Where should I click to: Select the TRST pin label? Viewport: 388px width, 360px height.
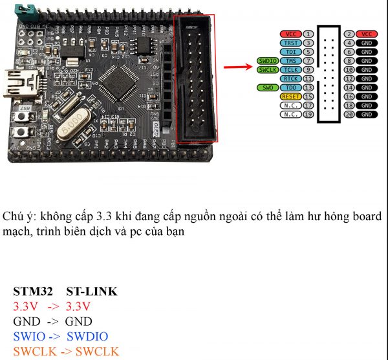pyautogui.click(x=290, y=42)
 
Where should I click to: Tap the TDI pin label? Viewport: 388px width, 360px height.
pyautogui.click(x=290, y=51)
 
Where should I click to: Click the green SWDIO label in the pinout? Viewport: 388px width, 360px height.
pyautogui.click(x=267, y=60)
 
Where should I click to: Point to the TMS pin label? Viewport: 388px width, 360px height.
pyautogui.click(x=291, y=60)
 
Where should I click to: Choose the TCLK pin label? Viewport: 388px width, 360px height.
pyautogui.click(x=291, y=69)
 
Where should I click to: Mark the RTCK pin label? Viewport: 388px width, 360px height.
pyautogui.click(x=290, y=78)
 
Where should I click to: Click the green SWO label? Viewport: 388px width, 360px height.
pyautogui.click(x=268, y=87)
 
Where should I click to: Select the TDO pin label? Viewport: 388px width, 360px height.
pyautogui.click(x=291, y=87)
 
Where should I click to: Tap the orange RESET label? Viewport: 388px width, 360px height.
pyautogui.click(x=290, y=96)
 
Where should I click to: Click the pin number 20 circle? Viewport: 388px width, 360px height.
pyautogui.click(x=350, y=114)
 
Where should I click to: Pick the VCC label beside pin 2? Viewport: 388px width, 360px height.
pyautogui.click(x=367, y=34)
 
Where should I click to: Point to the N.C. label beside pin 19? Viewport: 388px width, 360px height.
pyautogui.click(x=290, y=114)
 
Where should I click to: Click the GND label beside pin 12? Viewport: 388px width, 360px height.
pyautogui.click(x=367, y=78)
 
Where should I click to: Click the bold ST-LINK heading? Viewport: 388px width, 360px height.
pyautogui.click(x=92, y=291)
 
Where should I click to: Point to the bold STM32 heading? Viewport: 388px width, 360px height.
pyautogui.click(x=32, y=291)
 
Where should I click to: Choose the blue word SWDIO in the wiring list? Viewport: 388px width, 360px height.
pyautogui.click(x=87, y=337)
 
